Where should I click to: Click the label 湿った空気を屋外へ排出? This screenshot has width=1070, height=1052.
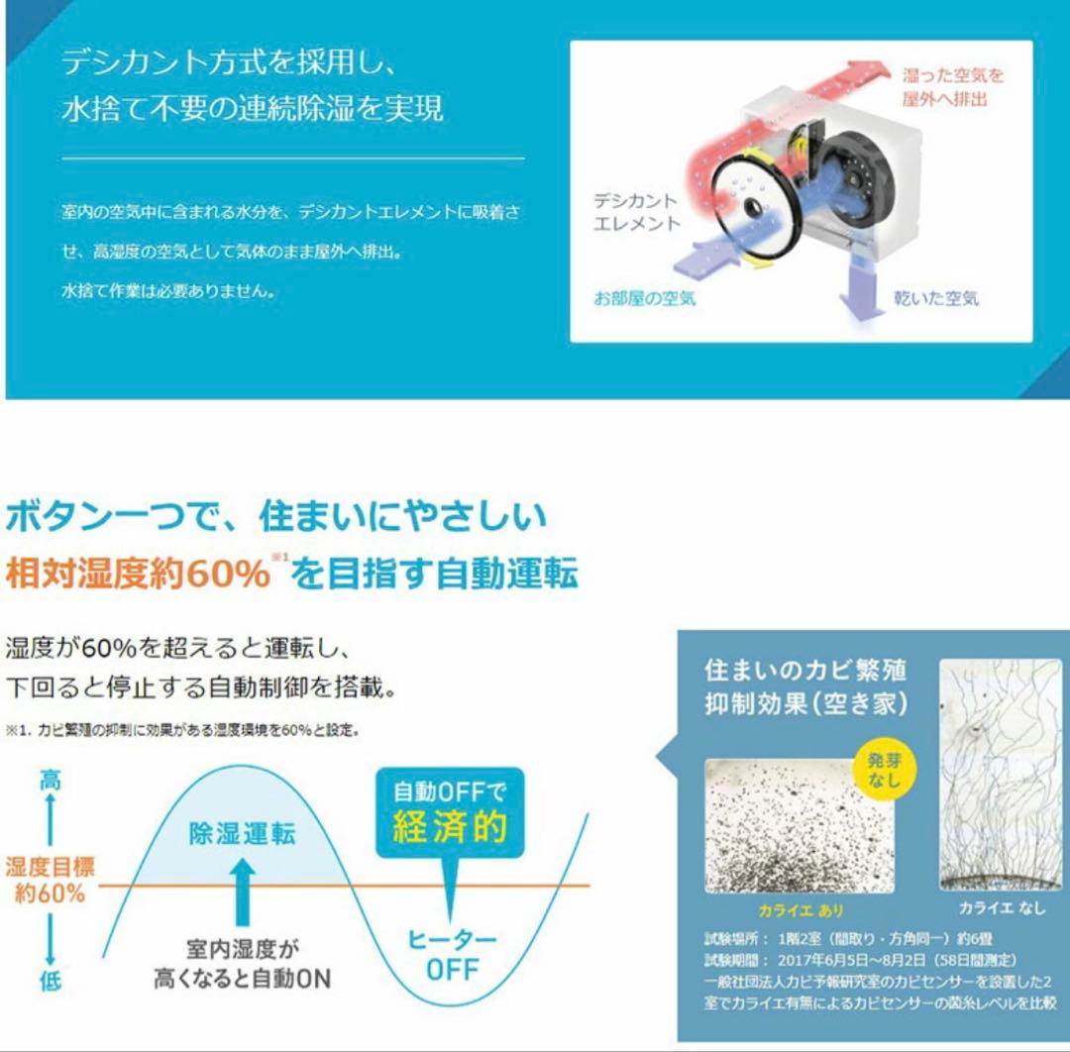click(952, 87)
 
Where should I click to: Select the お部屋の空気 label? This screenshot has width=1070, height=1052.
click(645, 297)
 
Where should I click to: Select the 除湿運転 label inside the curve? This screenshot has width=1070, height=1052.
click(242, 833)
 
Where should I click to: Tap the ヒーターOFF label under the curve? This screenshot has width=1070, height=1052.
click(453, 954)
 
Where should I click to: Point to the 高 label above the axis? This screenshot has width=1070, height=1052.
click(50, 781)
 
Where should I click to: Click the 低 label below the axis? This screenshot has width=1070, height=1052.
click(50, 981)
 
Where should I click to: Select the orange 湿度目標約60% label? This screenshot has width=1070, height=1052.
click(50, 880)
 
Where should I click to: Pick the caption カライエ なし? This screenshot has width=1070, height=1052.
click(1002, 907)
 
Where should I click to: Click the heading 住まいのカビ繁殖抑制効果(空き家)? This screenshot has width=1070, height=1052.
click(805, 685)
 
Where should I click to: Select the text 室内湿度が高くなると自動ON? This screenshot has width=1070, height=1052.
click(242, 964)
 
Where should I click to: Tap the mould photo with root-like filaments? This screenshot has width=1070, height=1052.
click(1001, 774)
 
